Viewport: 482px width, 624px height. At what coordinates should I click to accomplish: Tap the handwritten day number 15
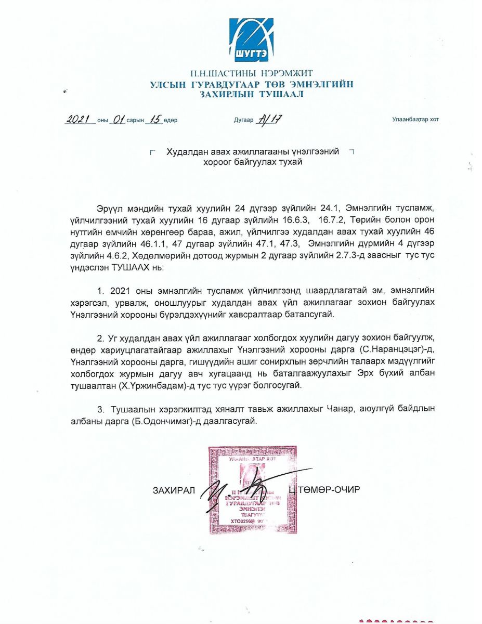pyautogui.click(x=154, y=119)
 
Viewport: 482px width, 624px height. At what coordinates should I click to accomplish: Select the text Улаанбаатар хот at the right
pyautogui.click(x=415, y=120)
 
